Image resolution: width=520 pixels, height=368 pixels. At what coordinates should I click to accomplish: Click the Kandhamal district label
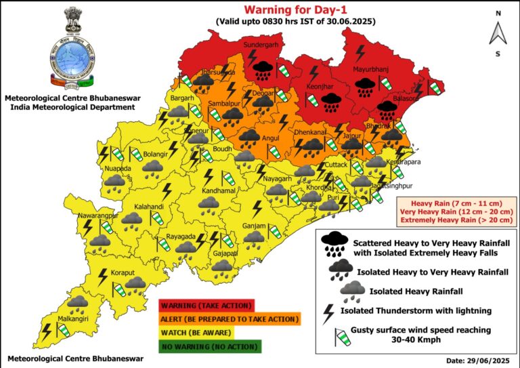[217, 192]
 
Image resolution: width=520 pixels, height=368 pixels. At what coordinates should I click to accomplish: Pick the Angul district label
[270, 138]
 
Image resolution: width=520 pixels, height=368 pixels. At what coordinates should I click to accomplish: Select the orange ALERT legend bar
[228, 319]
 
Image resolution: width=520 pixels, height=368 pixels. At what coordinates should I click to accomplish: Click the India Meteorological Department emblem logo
[72, 51]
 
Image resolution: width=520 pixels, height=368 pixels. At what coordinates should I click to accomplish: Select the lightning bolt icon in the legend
[329, 314]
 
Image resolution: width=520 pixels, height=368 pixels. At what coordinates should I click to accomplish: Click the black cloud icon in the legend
[334, 243]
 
